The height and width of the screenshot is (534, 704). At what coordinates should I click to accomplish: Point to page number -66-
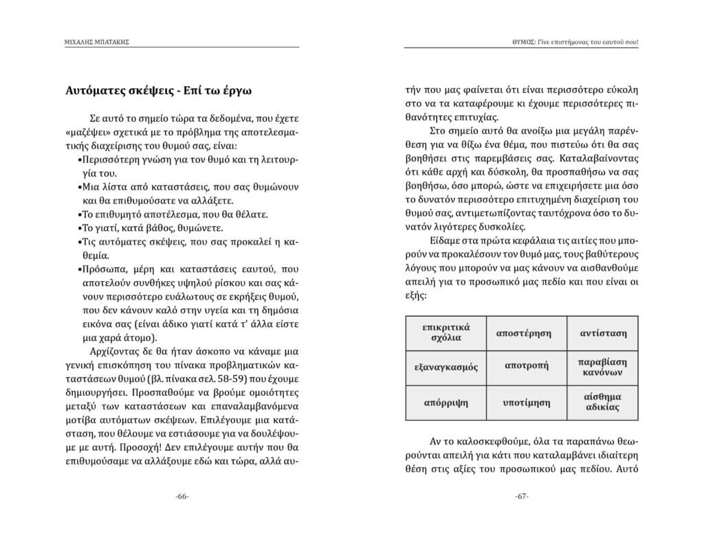point(183,496)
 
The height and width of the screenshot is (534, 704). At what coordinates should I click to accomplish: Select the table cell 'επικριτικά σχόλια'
point(446,333)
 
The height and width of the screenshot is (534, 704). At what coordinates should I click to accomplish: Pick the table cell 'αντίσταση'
point(602,333)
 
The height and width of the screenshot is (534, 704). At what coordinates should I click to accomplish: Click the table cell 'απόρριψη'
point(446,402)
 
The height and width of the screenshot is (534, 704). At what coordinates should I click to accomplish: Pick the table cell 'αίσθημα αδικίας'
point(602,402)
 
